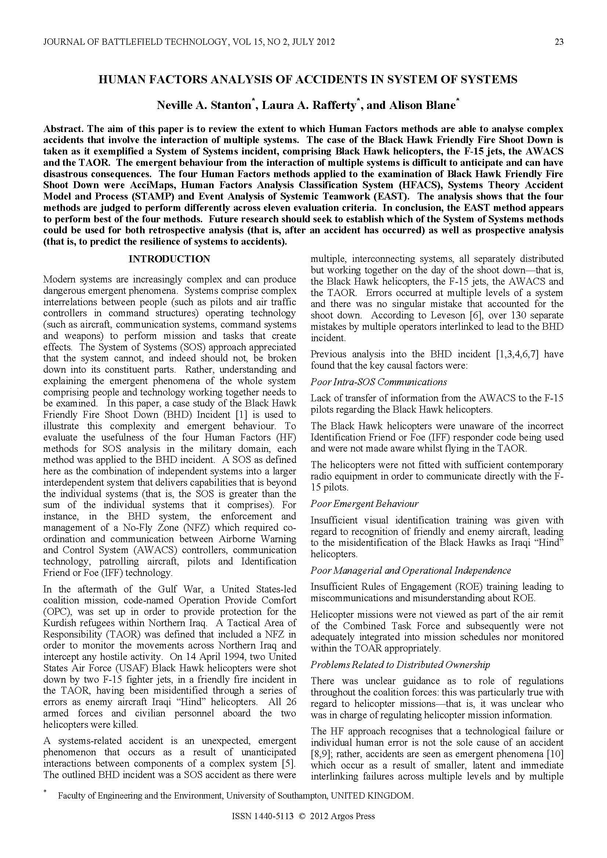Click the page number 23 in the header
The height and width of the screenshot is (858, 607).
pyautogui.click(x=559, y=42)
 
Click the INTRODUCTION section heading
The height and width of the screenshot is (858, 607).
pyautogui.click(x=169, y=259)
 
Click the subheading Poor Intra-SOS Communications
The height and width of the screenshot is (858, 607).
pyautogui.click(x=379, y=382)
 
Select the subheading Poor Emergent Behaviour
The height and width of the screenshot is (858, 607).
pyautogui.click(x=364, y=504)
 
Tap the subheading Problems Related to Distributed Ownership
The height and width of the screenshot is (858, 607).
pyautogui.click(x=400, y=665)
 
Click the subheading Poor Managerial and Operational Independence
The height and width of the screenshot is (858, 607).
pyautogui.click(x=411, y=571)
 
